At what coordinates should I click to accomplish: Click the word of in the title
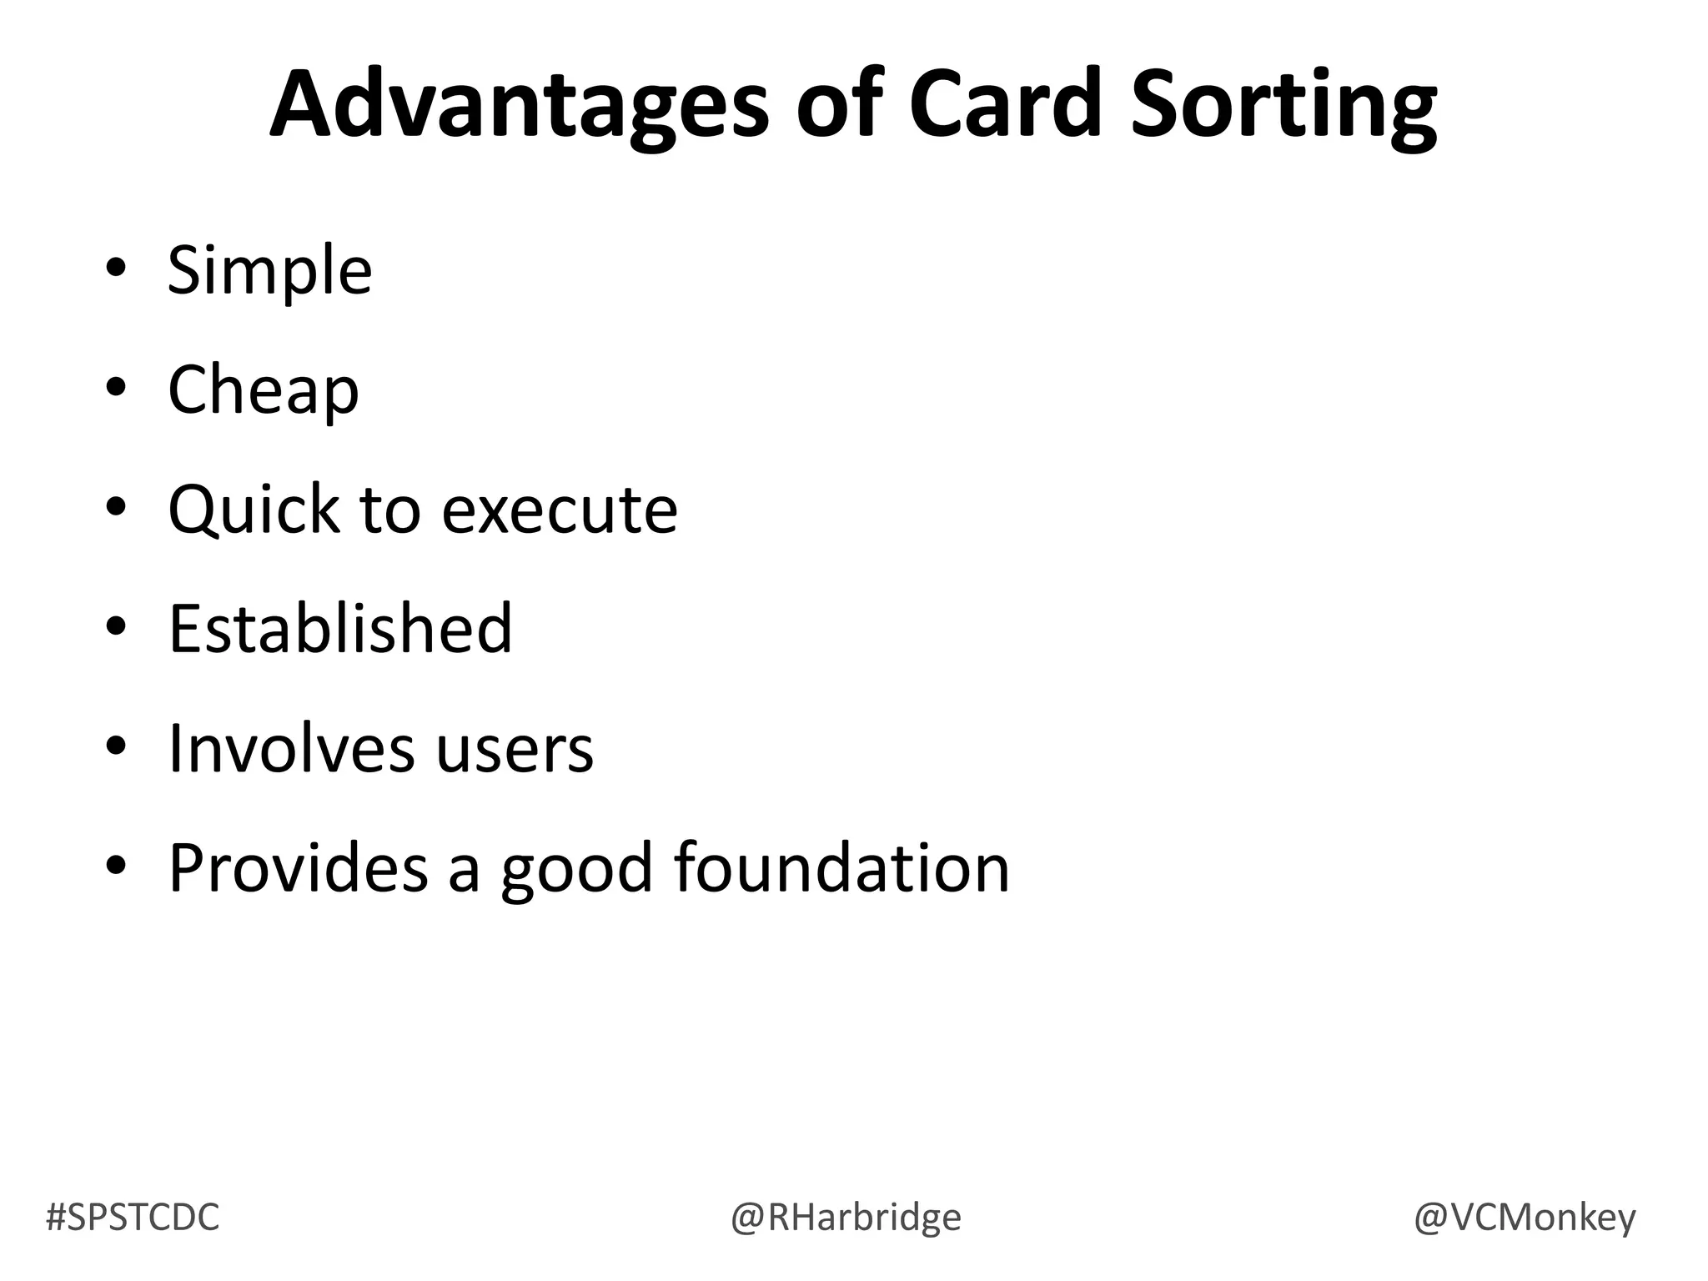click(839, 104)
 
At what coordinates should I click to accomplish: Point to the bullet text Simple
click(269, 270)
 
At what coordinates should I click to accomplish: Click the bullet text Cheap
click(263, 389)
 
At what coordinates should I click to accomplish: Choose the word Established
click(340, 628)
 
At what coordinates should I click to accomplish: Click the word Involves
click(291, 747)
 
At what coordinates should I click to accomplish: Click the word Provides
click(299, 867)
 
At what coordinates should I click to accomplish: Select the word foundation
click(841, 867)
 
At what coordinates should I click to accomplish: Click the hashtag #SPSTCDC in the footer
click(133, 1217)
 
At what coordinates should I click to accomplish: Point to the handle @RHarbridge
click(846, 1217)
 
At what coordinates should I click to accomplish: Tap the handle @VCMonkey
click(1525, 1217)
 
